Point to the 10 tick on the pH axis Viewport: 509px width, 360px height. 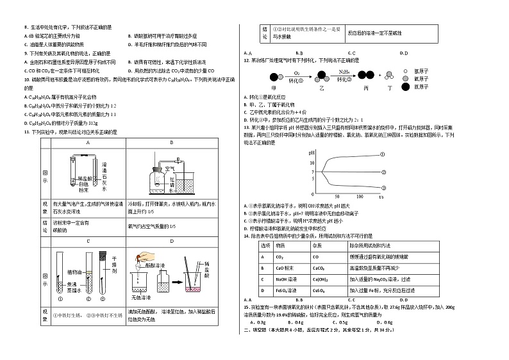coord(294,163)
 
